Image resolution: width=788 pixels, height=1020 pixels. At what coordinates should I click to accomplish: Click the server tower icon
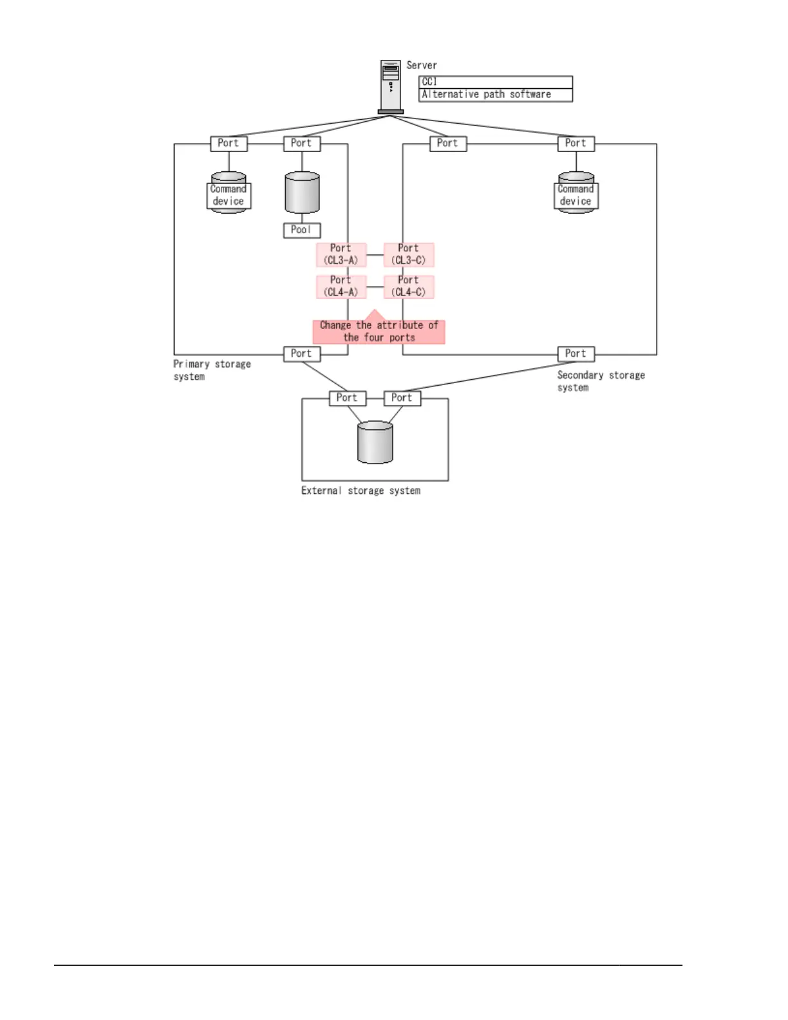click(390, 86)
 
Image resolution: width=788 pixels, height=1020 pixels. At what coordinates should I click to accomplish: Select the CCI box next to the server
click(495, 82)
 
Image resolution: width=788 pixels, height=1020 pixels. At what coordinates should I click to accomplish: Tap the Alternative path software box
click(495, 95)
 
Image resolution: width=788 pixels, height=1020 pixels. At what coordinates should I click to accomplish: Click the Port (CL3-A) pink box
click(341, 254)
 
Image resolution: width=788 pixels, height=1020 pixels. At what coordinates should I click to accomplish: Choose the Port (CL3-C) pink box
click(409, 254)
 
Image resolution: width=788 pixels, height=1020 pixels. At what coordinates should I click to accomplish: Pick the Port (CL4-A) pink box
click(341, 287)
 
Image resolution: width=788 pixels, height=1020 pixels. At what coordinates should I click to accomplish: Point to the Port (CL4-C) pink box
click(409, 287)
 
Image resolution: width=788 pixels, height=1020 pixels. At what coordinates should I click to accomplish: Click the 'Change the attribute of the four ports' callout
click(379, 332)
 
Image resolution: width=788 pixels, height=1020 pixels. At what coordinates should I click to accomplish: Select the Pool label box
click(301, 230)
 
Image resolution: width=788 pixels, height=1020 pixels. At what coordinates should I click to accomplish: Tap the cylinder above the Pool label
click(302, 193)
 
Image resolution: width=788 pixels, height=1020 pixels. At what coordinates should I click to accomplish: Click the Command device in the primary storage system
click(229, 194)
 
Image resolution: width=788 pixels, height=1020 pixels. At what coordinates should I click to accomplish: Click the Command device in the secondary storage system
click(576, 194)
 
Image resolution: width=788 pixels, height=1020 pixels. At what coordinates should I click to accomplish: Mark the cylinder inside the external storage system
click(375, 442)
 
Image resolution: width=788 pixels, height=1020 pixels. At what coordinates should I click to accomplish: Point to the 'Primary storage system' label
click(211, 370)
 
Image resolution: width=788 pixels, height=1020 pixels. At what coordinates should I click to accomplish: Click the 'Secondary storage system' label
click(600, 381)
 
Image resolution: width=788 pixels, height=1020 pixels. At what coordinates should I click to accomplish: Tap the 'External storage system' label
click(361, 491)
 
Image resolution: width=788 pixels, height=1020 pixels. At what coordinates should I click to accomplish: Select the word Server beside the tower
click(422, 65)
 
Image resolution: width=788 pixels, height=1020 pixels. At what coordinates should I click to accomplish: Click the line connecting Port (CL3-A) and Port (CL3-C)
click(375, 255)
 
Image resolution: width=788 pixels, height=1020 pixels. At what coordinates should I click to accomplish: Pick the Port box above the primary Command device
click(229, 144)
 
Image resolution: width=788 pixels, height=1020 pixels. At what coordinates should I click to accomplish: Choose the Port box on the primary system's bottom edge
click(301, 354)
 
